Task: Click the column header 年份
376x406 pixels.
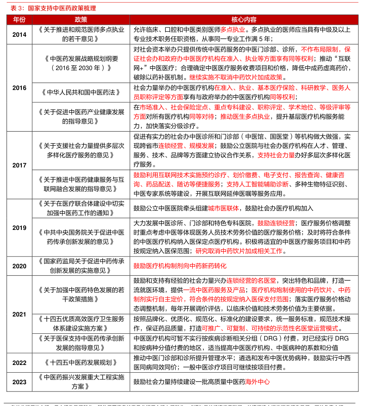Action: (19, 20)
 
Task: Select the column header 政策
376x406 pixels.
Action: (81, 20)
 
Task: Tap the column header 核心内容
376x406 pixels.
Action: (244, 20)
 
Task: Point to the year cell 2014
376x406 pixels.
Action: (19, 34)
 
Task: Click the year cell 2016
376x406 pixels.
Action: (19, 88)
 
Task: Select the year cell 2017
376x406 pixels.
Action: (19, 165)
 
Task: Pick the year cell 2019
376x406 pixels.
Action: (19, 228)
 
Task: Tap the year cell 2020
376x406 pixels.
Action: (19, 266)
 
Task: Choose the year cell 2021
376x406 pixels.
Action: (19, 315)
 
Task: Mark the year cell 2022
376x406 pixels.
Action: (19, 363)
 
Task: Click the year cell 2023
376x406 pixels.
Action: (19, 382)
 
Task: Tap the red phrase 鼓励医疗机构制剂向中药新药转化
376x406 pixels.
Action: (180, 266)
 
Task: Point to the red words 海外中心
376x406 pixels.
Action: (258, 382)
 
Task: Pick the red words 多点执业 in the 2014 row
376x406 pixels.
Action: (233, 30)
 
